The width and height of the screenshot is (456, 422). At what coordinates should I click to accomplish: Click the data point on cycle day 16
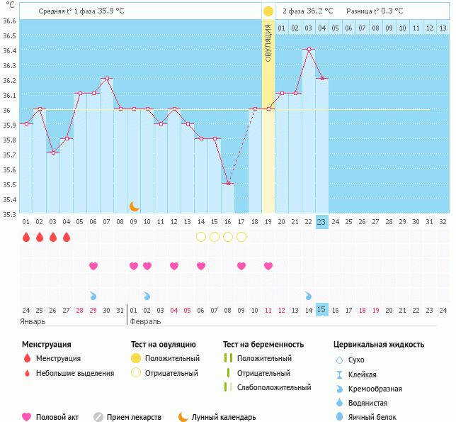[227, 184]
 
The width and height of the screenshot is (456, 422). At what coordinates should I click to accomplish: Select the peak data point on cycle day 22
[308, 50]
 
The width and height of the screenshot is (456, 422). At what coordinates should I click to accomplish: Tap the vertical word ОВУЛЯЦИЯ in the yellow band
[268, 43]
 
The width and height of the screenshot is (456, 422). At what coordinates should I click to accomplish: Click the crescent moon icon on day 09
[134, 206]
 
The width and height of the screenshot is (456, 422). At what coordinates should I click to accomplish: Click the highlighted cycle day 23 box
[321, 221]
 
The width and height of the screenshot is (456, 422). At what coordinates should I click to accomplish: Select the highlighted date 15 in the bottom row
[321, 309]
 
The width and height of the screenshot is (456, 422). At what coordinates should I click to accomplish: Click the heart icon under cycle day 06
[93, 266]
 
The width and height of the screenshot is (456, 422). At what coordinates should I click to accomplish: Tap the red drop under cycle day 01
[26, 237]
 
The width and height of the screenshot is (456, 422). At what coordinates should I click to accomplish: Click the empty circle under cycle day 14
[201, 237]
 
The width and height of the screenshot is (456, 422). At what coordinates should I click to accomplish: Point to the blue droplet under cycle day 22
[309, 295]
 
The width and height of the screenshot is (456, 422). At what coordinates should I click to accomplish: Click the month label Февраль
[145, 321]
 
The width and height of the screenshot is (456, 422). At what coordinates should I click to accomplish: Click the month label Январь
[33, 321]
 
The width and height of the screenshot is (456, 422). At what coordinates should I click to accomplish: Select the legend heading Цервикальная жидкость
[379, 344]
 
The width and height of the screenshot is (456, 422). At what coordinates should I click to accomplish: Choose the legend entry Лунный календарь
[224, 417]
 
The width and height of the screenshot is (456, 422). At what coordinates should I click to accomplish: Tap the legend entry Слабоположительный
[274, 387]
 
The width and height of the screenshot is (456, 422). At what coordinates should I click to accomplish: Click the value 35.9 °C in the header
[111, 11]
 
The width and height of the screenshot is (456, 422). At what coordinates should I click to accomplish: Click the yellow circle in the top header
[268, 11]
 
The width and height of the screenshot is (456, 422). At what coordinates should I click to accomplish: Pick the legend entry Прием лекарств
[134, 417]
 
